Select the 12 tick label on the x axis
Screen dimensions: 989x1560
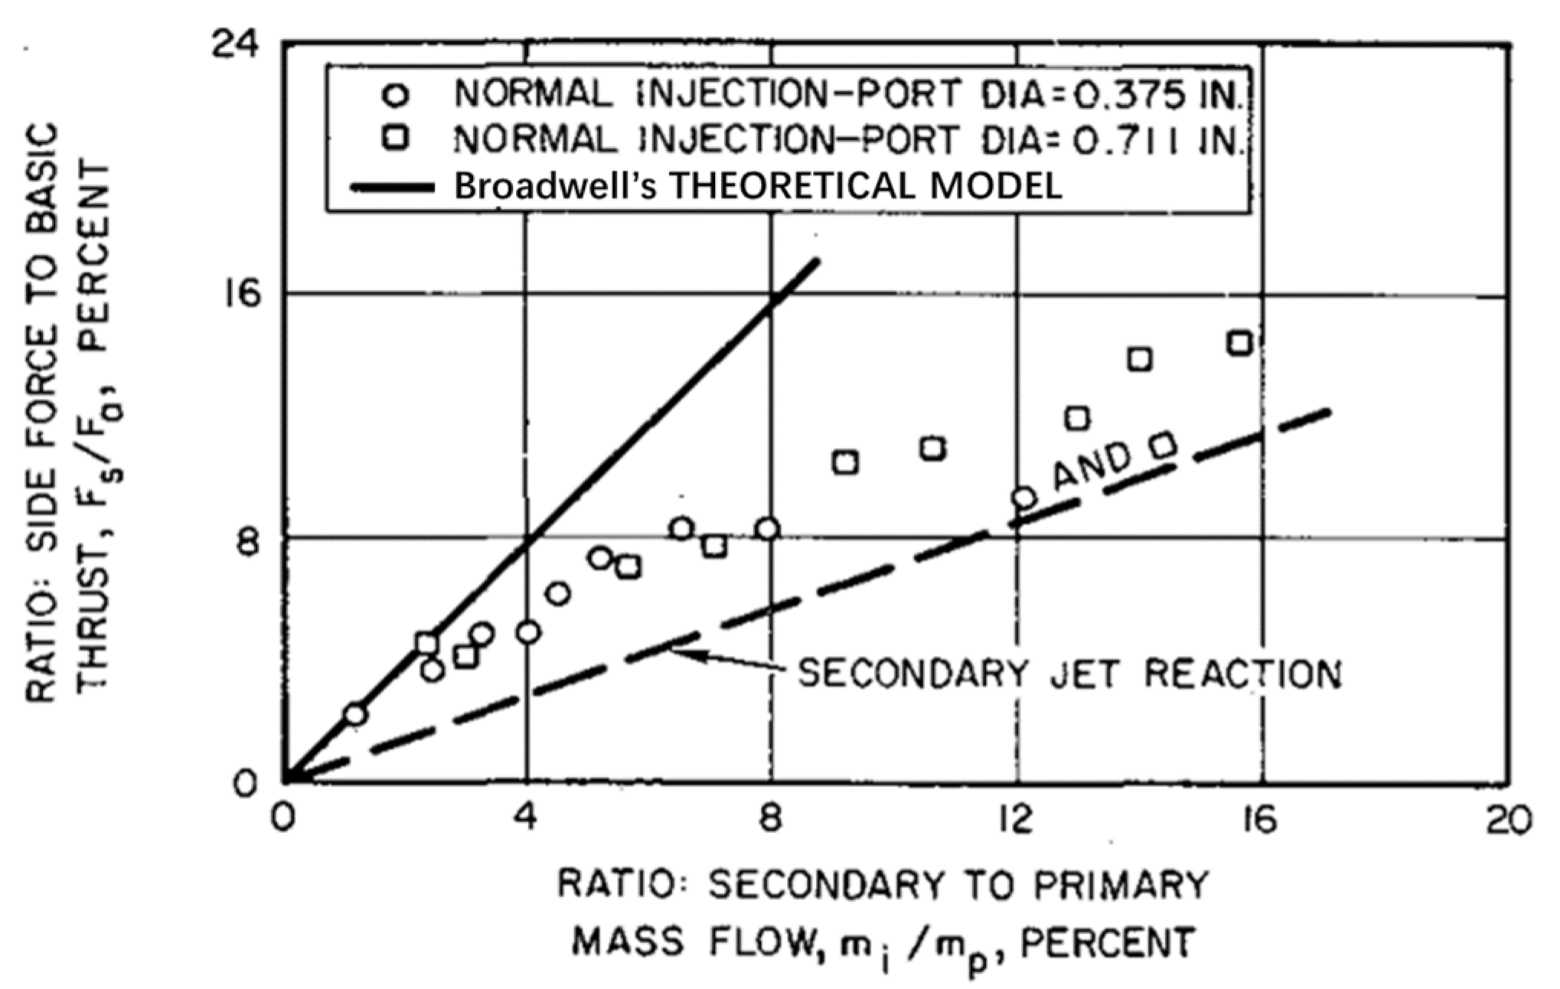point(1016,820)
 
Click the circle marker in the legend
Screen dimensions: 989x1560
point(397,96)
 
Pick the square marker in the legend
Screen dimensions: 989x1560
point(397,139)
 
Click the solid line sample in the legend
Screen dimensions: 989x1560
point(392,188)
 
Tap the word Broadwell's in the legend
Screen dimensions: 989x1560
point(555,186)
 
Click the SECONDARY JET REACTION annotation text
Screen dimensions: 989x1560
point(1069,673)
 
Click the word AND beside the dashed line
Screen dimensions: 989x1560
point(1092,465)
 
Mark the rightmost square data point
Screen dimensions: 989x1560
point(1240,343)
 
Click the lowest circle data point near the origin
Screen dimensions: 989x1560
point(355,714)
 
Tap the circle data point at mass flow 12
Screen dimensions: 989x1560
point(1023,498)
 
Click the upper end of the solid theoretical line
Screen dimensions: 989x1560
point(818,262)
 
